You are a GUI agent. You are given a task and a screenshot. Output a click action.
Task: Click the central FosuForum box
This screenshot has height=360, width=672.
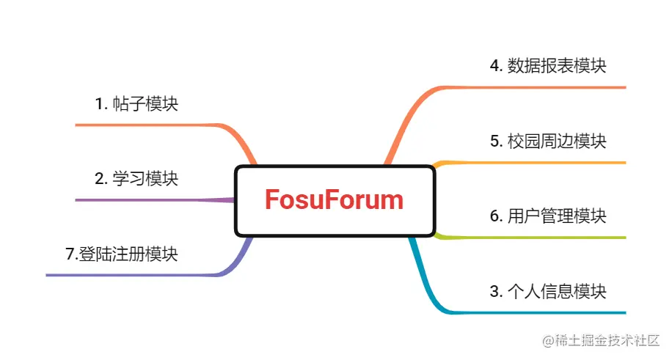pos(335,200)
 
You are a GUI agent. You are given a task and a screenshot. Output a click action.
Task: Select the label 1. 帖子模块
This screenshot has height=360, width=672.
pos(136,104)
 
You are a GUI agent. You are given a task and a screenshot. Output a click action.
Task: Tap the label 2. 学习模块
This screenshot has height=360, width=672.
pos(136,178)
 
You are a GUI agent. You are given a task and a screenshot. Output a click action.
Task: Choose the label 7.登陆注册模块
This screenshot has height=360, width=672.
pos(122,254)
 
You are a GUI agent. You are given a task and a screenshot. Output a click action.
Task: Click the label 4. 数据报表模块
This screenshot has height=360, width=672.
pos(548,65)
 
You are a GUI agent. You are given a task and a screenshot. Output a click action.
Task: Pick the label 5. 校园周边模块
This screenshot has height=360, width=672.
pos(548,141)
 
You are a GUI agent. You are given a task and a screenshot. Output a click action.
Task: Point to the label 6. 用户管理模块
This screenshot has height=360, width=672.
pos(548,216)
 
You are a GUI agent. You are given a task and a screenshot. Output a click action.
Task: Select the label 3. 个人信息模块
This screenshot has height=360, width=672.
pos(548,291)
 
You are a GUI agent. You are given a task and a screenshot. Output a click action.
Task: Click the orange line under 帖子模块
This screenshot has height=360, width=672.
pos(147,125)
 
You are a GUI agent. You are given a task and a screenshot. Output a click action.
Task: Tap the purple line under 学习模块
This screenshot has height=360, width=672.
pos(147,199)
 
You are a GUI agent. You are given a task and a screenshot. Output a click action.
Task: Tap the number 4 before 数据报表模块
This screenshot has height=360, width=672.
pos(494,65)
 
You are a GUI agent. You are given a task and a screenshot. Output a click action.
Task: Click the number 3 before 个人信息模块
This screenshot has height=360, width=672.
pos(494,291)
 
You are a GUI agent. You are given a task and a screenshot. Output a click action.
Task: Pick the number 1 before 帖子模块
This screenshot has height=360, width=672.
pos(100,104)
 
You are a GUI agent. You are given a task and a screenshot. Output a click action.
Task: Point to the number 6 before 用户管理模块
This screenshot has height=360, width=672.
pos(494,216)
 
